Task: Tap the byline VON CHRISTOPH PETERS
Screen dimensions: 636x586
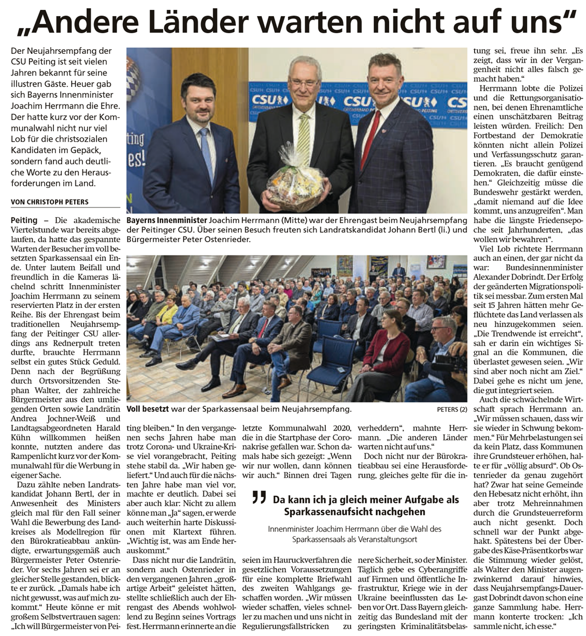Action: [x=49, y=202]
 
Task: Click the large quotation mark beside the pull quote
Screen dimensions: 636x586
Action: [x=259, y=498]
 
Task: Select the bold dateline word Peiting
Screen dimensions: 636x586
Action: [x=24, y=220]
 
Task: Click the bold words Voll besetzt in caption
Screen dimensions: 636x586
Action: [x=148, y=409]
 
